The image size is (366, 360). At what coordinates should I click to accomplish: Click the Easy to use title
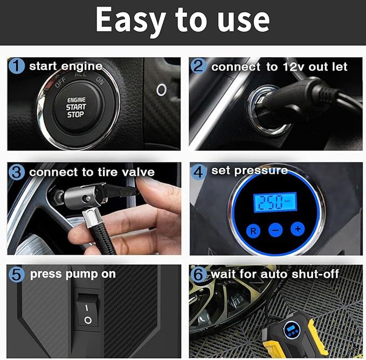coord(183,20)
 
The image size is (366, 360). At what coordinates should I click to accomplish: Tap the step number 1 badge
coord(17,66)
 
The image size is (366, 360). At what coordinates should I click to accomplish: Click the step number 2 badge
coord(199,66)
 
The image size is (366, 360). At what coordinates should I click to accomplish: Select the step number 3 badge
coord(17,172)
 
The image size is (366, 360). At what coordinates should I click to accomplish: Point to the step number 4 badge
coord(199,172)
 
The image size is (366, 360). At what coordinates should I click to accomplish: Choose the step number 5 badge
coord(17,274)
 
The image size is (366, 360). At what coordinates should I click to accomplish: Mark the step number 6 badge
coord(199,274)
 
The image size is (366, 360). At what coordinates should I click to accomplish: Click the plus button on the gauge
coord(297,229)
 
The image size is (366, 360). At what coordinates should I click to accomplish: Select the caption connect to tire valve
coord(92,173)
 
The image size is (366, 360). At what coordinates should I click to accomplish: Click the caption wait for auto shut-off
coord(275,274)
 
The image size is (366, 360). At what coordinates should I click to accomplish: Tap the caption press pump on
coord(73,274)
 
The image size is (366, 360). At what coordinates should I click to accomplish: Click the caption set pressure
coord(249,171)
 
